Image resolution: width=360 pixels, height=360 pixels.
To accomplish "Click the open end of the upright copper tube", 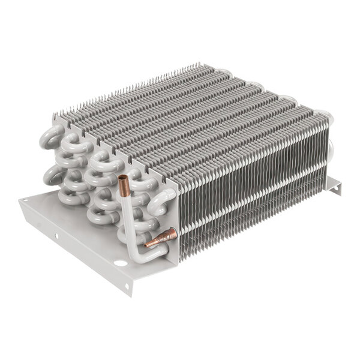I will [x=123, y=179].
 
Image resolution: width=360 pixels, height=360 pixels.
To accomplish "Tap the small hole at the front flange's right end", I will [x=128, y=285].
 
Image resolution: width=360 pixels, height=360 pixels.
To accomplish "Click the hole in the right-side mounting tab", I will [x=336, y=188].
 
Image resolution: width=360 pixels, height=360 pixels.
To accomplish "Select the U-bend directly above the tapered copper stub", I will [x=163, y=199].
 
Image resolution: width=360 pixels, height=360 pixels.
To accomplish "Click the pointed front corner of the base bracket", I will [x=128, y=292].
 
